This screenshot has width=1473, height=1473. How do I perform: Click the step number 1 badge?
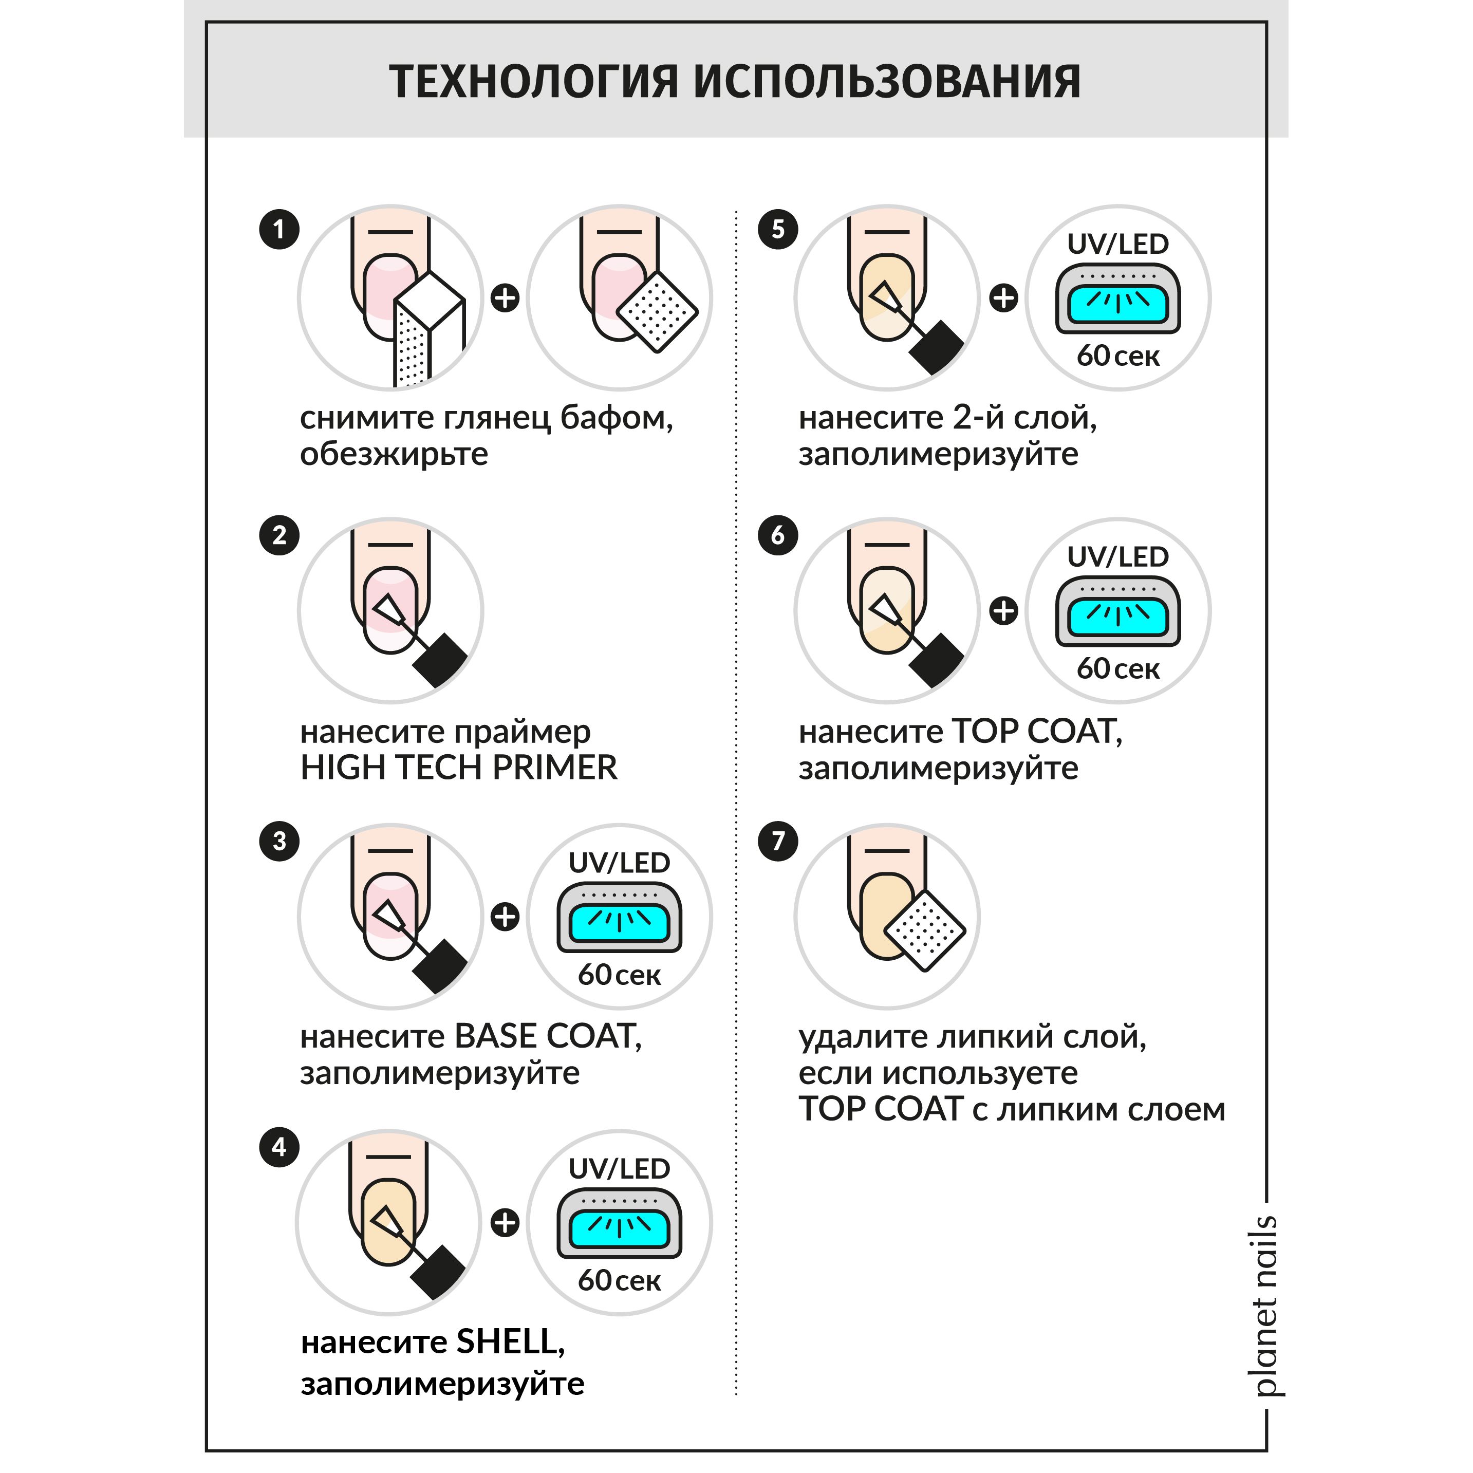[x=279, y=229]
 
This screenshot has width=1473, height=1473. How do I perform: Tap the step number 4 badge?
[x=279, y=1147]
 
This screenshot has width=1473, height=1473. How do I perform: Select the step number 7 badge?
[x=778, y=841]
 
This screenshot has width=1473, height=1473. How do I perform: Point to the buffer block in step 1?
[x=428, y=328]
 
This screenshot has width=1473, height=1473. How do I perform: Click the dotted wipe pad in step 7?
[x=925, y=929]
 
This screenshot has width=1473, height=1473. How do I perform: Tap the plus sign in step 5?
[x=1003, y=297]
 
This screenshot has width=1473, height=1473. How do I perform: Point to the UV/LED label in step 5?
[x=1117, y=244]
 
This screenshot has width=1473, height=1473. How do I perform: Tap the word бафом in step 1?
[x=616, y=418]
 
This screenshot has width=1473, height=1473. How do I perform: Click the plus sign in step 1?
[x=505, y=297]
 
